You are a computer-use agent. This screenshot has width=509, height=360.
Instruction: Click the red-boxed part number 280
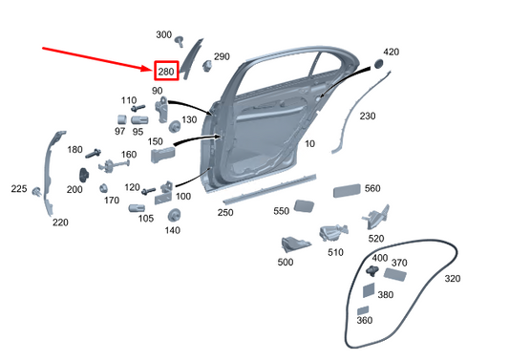click(165, 72)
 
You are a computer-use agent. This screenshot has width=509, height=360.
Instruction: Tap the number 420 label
click(392, 52)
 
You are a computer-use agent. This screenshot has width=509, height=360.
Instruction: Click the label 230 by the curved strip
click(368, 116)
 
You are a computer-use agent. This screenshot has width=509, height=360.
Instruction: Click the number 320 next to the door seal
click(453, 279)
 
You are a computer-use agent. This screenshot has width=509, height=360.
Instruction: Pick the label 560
click(372, 188)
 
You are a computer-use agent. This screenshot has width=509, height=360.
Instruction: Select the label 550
click(281, 211)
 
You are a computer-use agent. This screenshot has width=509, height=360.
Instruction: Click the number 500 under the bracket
click(286, 261)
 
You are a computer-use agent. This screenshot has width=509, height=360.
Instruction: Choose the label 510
click(335, 253)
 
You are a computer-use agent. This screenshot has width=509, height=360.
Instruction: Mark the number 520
click(376, 238)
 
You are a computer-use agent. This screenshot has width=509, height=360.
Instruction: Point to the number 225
click(19, 189)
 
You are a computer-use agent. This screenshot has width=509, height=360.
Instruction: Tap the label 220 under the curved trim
click(60, 222)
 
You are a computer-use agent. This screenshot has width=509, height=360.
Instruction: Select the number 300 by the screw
click(164, 34)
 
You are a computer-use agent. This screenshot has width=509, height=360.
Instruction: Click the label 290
click(222, 57)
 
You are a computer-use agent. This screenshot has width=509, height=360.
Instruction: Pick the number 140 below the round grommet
click(173, 230)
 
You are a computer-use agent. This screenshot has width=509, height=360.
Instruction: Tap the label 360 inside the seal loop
click(365, 321)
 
